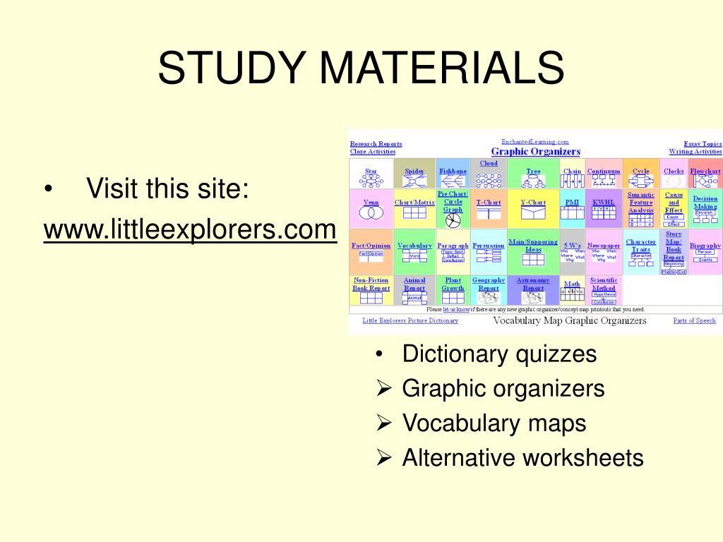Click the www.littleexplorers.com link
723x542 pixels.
[190, 229]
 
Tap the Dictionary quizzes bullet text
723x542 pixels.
[499, 354]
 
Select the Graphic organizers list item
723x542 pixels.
[503, 388]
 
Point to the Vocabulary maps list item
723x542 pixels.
[494, 423]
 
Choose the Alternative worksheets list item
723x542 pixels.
[522, 457]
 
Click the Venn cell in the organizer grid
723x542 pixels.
[371, 208]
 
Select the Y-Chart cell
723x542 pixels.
[533, 208]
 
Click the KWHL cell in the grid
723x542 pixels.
[604, 208]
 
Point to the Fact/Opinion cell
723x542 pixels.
[371, 251]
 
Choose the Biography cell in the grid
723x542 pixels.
[705, 251]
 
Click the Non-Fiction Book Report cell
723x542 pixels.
[371, 289]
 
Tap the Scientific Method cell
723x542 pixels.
[604, 289]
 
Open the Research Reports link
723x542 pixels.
[376, 144]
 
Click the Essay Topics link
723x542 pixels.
[703, 144]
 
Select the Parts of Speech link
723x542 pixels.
[694, 320]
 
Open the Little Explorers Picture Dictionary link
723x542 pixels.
[410, 320]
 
